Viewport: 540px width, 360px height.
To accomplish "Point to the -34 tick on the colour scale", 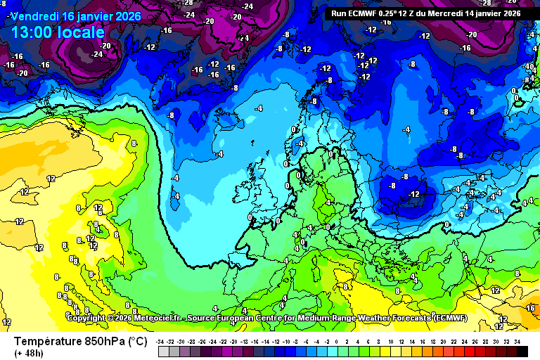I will click(x=161, y=341).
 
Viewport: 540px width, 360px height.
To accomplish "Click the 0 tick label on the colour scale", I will click(x=336, y=341).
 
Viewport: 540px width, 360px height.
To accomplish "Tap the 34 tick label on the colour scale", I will click(x=517, y=341).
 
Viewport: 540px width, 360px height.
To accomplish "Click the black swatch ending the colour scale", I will click(x=522, y=351).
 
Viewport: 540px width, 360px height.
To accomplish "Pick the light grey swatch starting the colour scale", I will click(x=163, y=351).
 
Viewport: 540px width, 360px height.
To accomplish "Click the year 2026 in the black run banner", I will click(x=508, y=13).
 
